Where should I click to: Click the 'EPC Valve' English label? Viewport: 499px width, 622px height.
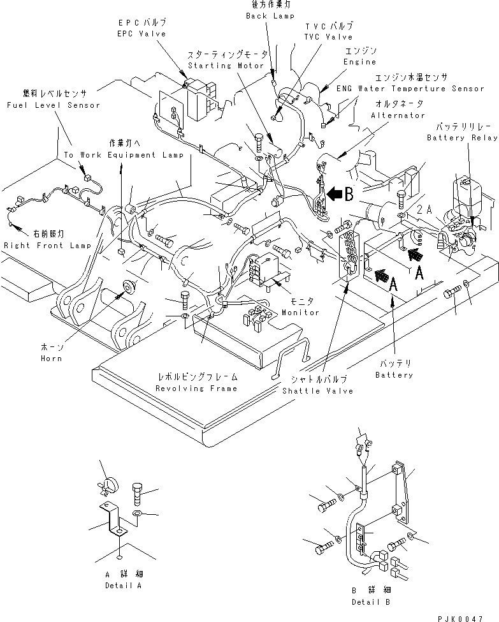coord(141,33)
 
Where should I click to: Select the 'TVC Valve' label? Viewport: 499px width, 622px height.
coord(328,36)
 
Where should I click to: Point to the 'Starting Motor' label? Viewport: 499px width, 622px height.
coord(216,65)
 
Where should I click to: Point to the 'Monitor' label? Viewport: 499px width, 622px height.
coord(301,313)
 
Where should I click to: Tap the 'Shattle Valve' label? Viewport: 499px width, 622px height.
coord(317,390)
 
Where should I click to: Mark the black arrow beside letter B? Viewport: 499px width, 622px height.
coord(331,195)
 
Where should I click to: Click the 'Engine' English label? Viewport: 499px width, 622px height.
coord(361,62)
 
